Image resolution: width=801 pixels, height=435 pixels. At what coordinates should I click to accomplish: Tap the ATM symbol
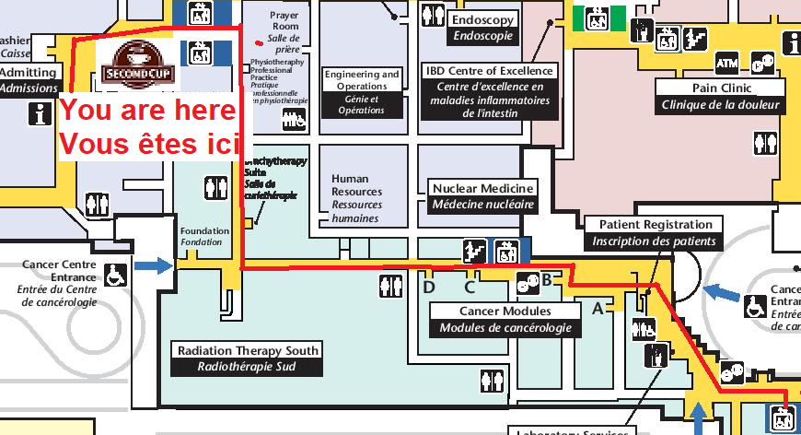pyautogui.click(x=726, y=64)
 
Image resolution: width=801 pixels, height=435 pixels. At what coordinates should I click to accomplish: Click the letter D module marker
pyautogui.click(x=428, y=287)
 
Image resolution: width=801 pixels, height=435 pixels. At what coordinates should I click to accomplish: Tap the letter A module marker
pyautogui.click(x=597, y=309)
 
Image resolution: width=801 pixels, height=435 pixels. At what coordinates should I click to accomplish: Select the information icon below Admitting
pyautogui.click(x=40, y=112)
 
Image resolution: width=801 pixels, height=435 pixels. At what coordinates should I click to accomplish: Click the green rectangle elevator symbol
pyautogui.click(x=598, y=18)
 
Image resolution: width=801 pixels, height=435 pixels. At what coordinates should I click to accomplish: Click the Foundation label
pyautogui.click(x=202, y=236)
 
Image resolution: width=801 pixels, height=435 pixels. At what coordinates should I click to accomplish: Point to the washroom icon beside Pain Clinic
pyautogui.click(x=765, y=143)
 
